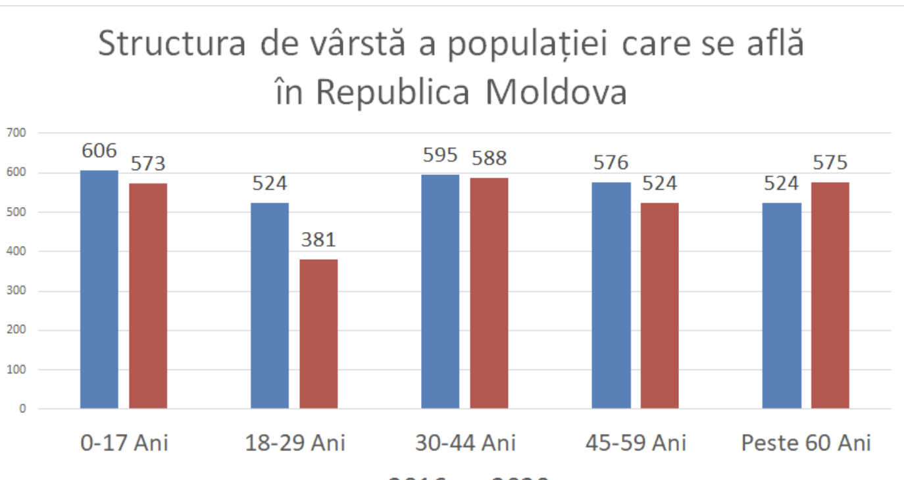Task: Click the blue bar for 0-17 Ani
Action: coord(99,289)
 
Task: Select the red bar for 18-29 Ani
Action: coord(318,334)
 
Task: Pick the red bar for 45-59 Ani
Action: coord(659,306)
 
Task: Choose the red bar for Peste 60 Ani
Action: coord(830,295)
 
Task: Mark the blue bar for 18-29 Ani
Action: coord(270,306)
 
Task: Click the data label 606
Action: coord(99,151)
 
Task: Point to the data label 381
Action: coord(318,240)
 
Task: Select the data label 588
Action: coord(489,158)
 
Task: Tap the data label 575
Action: coord(830,162)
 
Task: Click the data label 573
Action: coord(148,164)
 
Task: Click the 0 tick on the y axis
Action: coord(23,409)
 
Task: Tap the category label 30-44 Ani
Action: coord(465,443)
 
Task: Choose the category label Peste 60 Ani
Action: coord(806,443)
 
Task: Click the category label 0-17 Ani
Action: coord(124,443)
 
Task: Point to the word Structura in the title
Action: coord(172,44)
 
